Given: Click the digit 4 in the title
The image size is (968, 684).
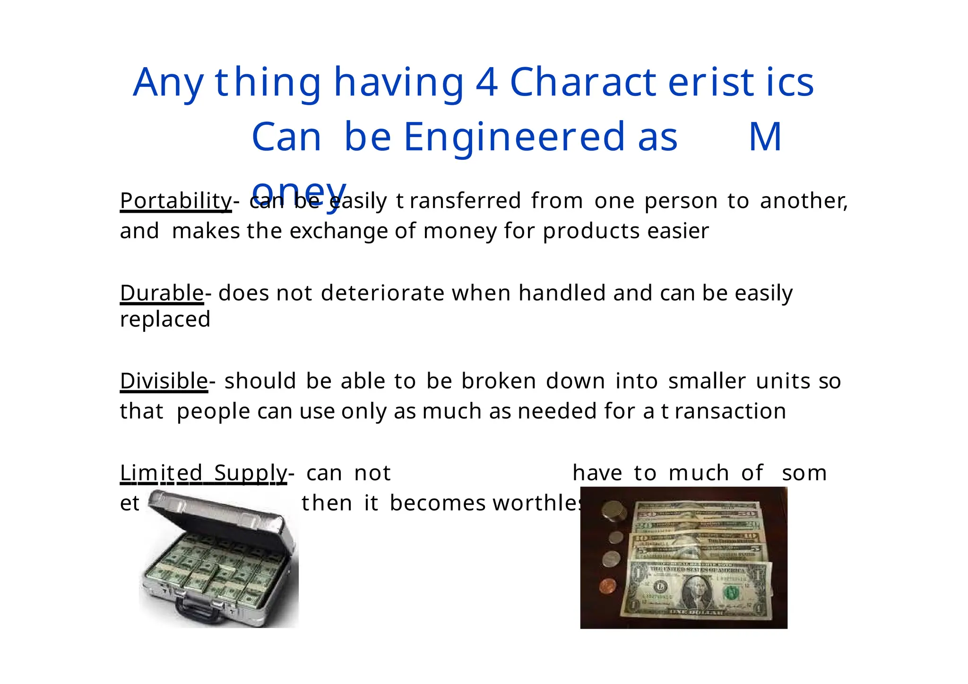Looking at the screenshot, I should point(486,82).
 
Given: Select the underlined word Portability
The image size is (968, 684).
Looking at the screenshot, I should point(175,201).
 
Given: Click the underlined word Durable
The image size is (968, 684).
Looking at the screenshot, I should point(162,293).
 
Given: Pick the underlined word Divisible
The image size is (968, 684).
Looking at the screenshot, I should point(164,381).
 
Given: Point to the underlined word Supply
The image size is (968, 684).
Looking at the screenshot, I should point(250,473).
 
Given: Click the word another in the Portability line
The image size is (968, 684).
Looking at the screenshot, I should point(803,201).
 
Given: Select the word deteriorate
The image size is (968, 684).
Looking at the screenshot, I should point(382,293).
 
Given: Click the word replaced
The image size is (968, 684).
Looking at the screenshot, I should point(165,320).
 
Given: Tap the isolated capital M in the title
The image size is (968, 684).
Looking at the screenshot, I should point(765,137).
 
